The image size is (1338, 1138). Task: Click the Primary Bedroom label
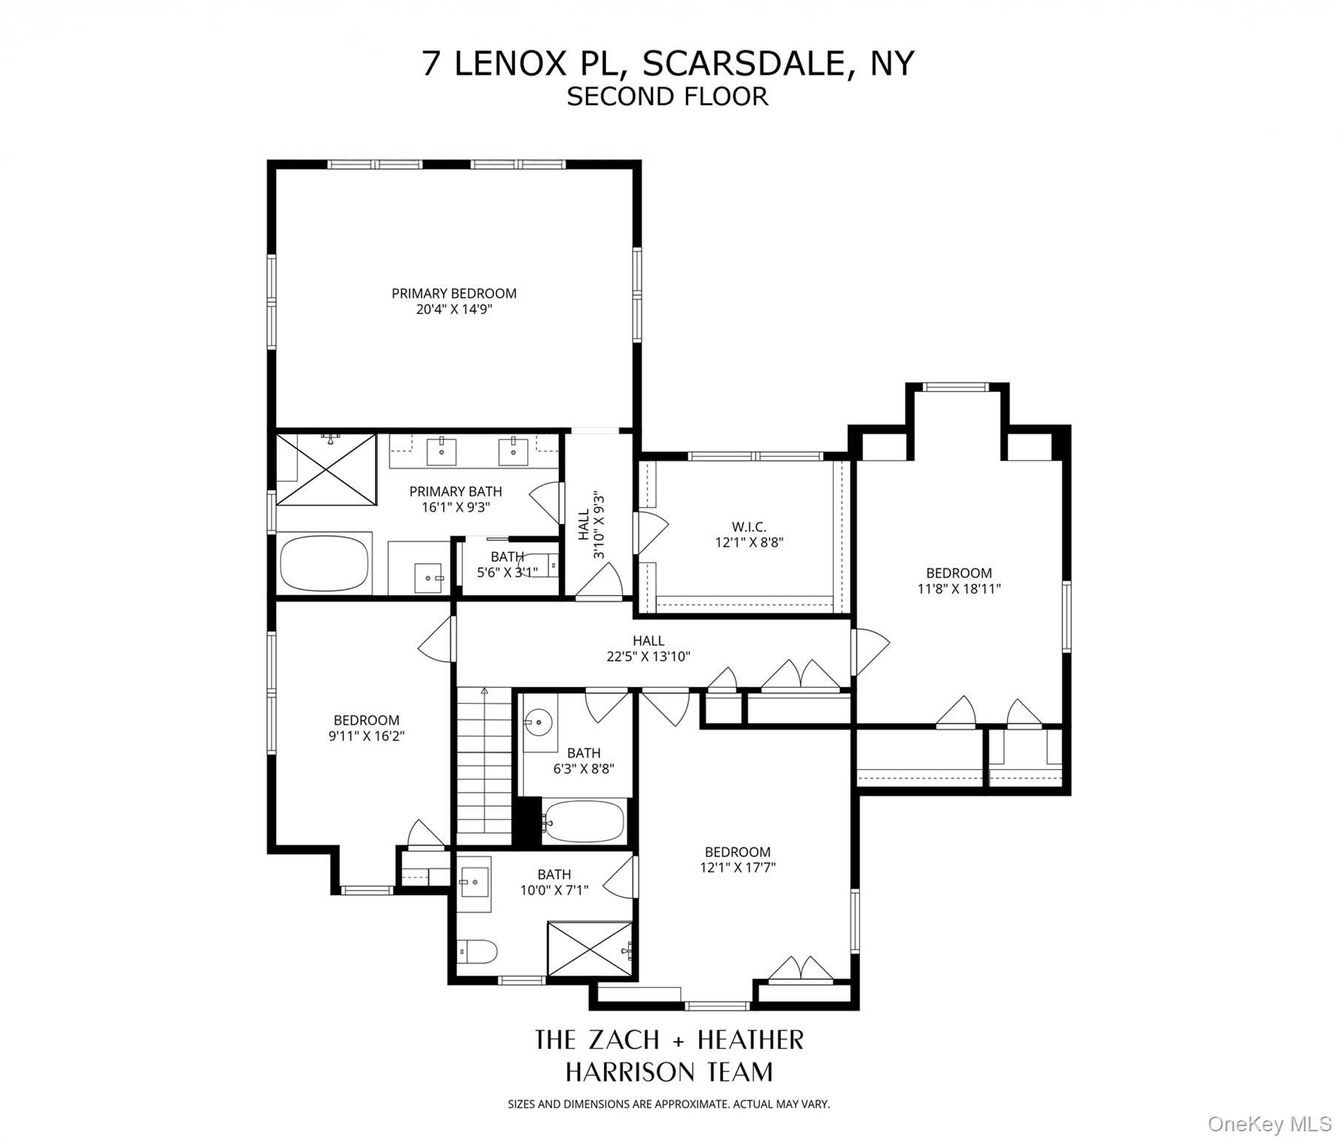click(453, 293)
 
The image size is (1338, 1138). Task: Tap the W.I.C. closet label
click(748, 527)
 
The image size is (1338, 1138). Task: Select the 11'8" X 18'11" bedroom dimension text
click(959, 589)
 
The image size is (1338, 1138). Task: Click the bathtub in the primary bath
click(324, 563)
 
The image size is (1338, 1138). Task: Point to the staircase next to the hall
click(484, 763)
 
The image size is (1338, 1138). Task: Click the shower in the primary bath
click(327, 470)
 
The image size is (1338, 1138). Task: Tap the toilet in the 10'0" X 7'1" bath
click(476, 951)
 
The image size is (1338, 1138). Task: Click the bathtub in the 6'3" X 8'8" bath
click(585, 821)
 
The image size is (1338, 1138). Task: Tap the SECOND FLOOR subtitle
click(668, 97)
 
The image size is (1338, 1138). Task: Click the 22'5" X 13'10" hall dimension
click(648, 656)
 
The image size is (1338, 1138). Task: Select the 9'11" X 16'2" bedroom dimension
click(366, 736)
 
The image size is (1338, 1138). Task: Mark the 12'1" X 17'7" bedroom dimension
click(737, 868)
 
